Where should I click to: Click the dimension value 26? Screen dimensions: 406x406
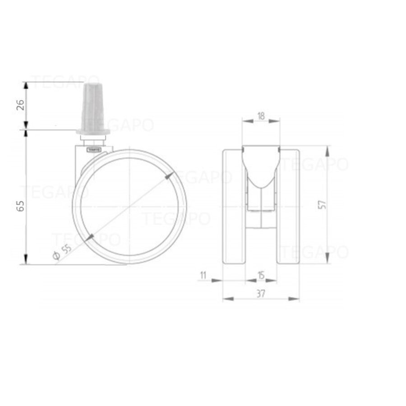coord(20,106)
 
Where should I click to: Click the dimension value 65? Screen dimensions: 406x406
coord(20,205)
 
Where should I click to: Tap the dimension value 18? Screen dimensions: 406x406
coord(261,116)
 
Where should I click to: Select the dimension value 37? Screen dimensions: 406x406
coord(261,293)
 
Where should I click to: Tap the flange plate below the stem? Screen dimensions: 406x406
coord(93,131)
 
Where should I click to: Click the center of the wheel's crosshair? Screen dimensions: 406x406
coord(129,207)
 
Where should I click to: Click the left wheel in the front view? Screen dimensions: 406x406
coord(234,205)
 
